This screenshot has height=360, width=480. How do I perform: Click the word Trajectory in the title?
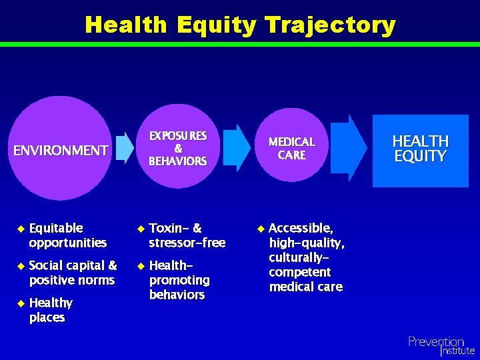(330, 25)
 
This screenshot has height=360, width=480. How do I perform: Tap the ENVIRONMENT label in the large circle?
(61, 150)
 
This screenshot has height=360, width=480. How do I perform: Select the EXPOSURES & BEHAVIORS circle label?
(177, 149)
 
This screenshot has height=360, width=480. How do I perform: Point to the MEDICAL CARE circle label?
(291, 148)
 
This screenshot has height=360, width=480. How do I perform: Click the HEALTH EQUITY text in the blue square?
(420, 149)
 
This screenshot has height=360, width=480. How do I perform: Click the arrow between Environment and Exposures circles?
(124, 148)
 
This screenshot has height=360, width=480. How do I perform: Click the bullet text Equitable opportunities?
(67, 235)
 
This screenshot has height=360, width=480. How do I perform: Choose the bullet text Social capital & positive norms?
(73, 273)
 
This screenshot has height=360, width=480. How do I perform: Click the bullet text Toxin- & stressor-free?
(187, 235)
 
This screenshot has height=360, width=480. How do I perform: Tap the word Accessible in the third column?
(300, 228)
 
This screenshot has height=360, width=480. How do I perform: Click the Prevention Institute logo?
(441, 345)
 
